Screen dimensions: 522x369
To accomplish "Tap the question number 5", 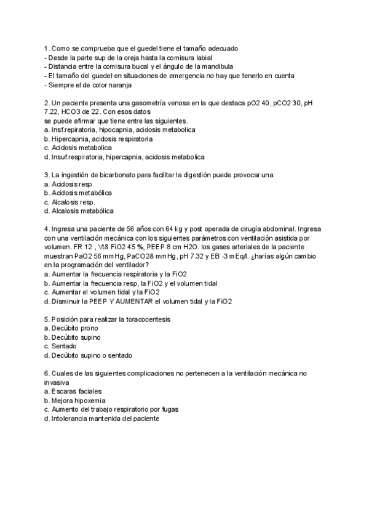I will (x=47, y=319).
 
